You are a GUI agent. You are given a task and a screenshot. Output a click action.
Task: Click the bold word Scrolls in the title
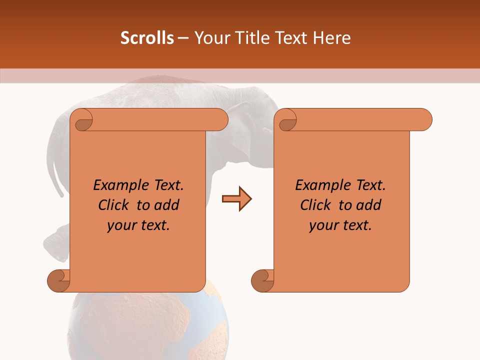click(x=147, y=38)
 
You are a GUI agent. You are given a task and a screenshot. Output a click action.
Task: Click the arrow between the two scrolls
click(x=236, y=199)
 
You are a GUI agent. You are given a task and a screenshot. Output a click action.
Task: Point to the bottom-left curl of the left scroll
click(x=59, y=281)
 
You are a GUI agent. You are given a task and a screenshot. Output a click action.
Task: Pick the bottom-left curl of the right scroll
click(x=262, y=281)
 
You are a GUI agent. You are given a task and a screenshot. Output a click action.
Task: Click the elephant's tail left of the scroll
click(x=58, y=170)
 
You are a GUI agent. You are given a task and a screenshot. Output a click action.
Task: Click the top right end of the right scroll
click(x=423, y=120)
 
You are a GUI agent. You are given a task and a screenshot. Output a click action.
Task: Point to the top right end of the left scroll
click(x=219, y=120)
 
